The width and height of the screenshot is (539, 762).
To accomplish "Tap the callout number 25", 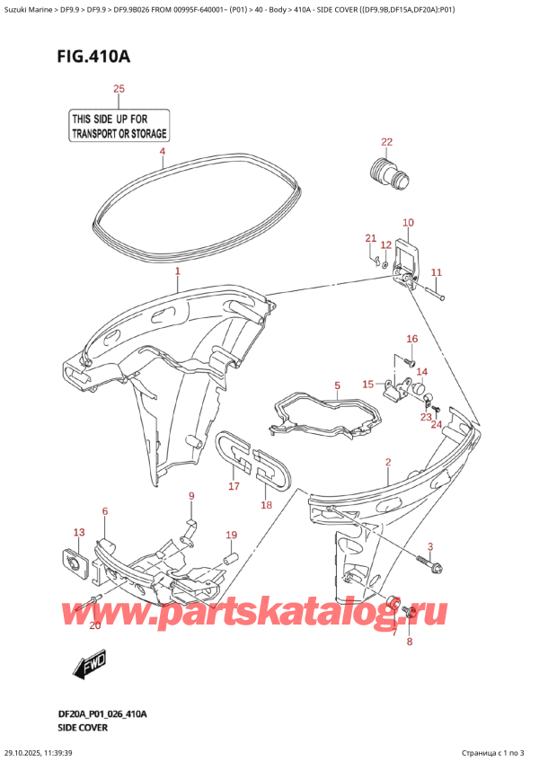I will (x=119, y=89).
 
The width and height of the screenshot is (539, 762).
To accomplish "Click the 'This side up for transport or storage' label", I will (x=119, y=126).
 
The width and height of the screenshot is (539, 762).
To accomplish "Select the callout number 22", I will (x=386, y=142).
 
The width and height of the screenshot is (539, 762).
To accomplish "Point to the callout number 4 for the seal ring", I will (x=162, y=152).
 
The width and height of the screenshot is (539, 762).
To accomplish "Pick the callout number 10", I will (x=408, y=223).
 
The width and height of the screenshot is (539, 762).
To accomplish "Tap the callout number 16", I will (x=411, y=339).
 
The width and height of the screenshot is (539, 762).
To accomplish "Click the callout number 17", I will (x=234, y=486).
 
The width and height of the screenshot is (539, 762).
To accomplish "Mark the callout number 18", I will (x=266, y=505).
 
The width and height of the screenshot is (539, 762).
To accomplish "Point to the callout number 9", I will (x=190, y=496).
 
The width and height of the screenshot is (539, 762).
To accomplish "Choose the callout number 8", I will (x=409, y=642).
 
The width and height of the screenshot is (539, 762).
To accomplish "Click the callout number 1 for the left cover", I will (x=177, y=270).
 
